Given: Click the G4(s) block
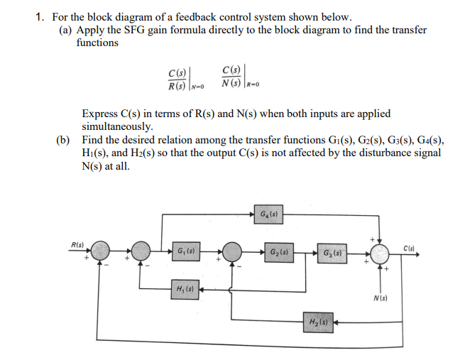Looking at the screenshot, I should [269, 213].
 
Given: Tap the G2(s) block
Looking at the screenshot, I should [277, 251].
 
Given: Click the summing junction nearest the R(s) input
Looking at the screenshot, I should [99, 252].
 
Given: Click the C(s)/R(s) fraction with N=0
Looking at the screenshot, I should [177, 79].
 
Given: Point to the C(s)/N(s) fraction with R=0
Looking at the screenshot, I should [234, 78].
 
